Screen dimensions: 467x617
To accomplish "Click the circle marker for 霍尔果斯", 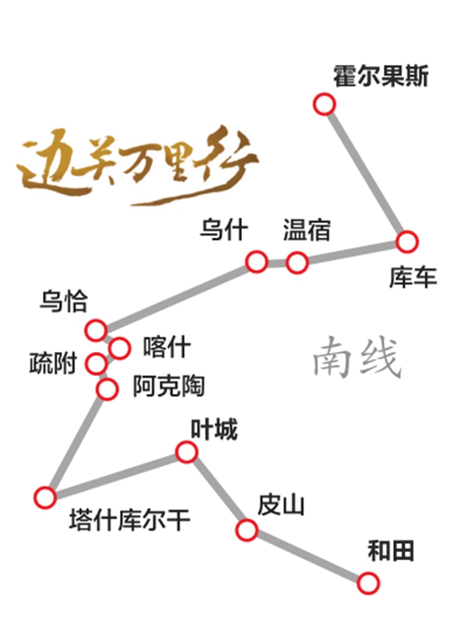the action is click(x=325, y=104).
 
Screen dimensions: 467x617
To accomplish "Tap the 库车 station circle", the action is click(x=407, y=242).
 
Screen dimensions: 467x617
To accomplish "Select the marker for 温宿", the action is click(x=297, y=263).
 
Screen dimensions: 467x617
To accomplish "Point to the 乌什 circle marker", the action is click(x=257, y=261).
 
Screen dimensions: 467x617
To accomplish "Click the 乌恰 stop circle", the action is click(x=96, y=329).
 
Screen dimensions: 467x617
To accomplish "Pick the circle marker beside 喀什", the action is click(x=119, y=348).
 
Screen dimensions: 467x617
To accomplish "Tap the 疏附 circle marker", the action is click(x=97, y=363).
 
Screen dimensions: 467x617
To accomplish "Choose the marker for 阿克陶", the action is click(x=107, y=389).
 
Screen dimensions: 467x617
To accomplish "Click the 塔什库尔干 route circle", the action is click(x=45, y=497).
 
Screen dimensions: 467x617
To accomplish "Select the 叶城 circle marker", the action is click(x=186, y=451).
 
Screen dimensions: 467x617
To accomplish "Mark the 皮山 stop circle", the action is click(x=247, y=530).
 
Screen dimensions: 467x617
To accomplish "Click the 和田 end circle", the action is click(x=368, y=583).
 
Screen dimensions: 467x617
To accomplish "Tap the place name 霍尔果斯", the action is click(x=381, y=76).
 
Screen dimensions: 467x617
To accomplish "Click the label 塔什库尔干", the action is click(x=130, y=520).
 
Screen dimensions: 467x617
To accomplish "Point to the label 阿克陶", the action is click(x=169, y=385).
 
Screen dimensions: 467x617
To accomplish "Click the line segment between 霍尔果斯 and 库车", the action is click(x=366, y=173).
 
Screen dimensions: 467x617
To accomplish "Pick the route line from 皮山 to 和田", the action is click(x=307, y=557).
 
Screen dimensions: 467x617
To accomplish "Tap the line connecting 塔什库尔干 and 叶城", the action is click(x=116, y=475).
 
